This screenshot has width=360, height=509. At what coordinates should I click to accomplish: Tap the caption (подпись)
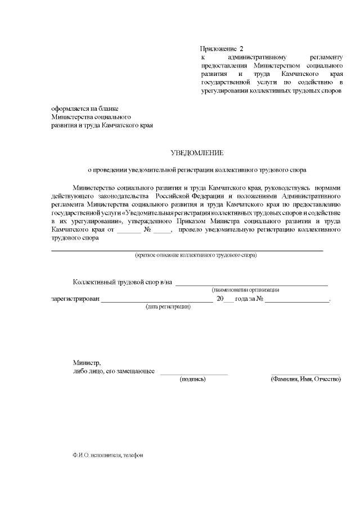tap(192, 379)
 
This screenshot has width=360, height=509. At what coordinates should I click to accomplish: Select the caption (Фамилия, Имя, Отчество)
tap(306, 379)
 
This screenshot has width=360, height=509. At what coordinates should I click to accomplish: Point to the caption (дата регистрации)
tap(168, 307)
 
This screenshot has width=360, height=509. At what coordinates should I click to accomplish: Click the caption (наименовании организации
tap(245, 290)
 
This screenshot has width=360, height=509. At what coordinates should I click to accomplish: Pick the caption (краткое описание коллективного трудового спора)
tap(196, 255)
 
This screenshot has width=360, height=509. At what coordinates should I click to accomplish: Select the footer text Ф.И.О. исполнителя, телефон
tap(103, 455)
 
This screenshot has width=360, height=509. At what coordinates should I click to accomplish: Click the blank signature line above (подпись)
tap(194, 374)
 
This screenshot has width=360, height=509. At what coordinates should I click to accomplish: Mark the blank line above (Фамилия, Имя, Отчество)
tap(305, 374)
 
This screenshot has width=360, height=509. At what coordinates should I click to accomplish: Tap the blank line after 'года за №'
tap(297, 302)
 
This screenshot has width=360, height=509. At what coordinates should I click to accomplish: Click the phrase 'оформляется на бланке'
tap(84, 109)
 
